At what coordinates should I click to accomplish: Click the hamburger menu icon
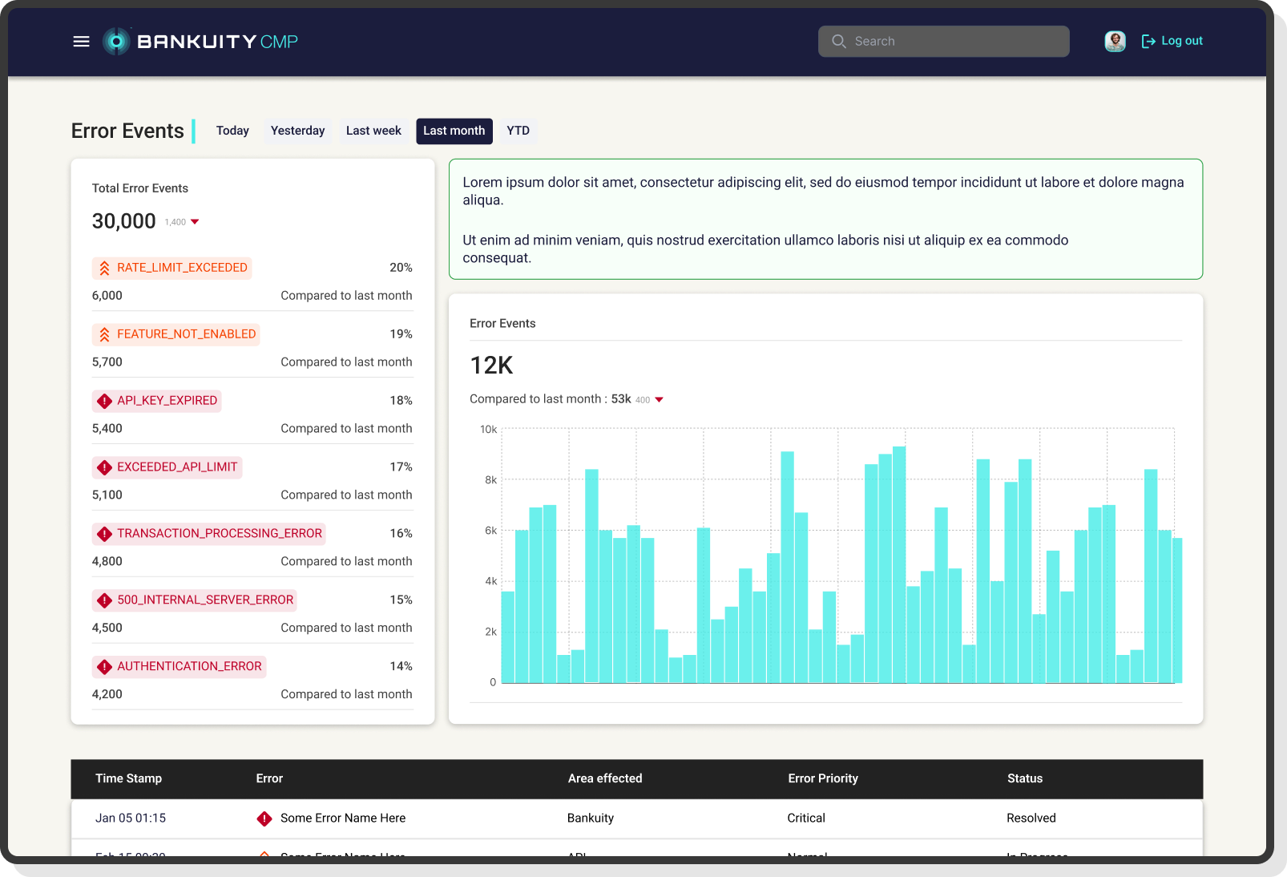coord(81,42)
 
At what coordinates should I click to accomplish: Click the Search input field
coord(943,42)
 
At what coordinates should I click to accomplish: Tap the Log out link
coord(1172,41)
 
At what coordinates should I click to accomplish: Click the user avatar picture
coord(1115,41)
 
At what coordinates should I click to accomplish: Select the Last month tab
coord(454,131)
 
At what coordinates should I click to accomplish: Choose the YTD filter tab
coord(518,131)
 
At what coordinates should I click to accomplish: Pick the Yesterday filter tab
coord(297,131)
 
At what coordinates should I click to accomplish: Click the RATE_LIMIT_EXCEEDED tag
coord(172,268)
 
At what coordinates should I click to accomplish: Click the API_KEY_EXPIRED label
coord(157,401)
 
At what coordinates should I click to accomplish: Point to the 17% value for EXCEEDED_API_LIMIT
coord(401,467)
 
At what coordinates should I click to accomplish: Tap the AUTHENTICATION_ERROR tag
coord(180,667)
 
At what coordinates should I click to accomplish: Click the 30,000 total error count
coord(124,221)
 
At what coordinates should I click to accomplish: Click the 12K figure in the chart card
coord(491,366)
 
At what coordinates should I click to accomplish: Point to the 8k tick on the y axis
coord(490,480)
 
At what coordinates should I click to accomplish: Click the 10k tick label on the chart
coord(488,430)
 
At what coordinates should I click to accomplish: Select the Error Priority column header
coord(822,778)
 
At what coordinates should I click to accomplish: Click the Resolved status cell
coord(1031,818)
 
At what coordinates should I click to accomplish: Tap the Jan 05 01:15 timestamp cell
coord(131,818)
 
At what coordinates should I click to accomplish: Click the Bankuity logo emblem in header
coord(117,42)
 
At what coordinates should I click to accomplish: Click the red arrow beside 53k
coord(659,399)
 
